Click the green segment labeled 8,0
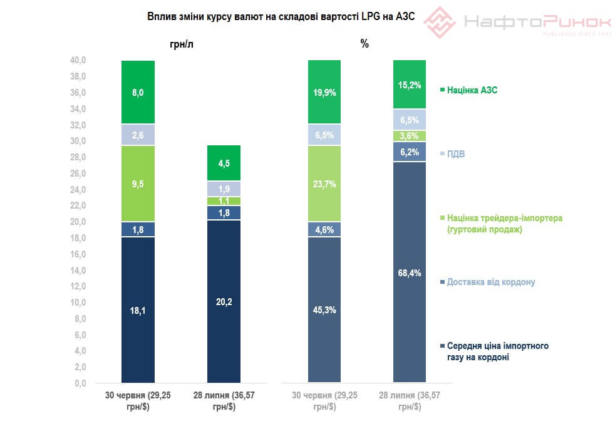tap(138, 92)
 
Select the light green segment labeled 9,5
tap(138, 184)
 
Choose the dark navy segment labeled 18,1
tap(138, 309)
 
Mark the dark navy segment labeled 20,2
tap(224, 301)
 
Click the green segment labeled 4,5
tap(224, 163)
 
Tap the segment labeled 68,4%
tap(409, 272)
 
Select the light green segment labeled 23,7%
tap(324, 184)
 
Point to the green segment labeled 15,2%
tap(409, 84)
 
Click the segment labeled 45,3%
tap(324, 309)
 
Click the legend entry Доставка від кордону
tap(490, 282)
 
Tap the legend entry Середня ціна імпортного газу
tap(497, 351)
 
